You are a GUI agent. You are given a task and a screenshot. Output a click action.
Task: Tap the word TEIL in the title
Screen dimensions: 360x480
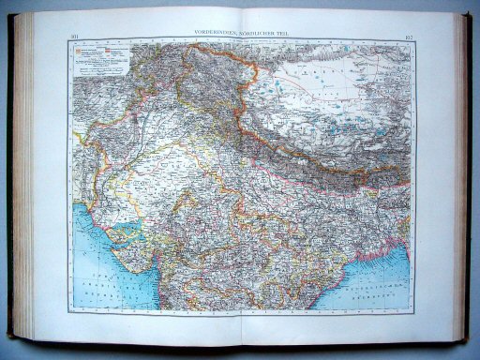pos(283,34)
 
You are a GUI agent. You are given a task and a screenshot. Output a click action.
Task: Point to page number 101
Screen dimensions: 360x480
pos(75,37)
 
